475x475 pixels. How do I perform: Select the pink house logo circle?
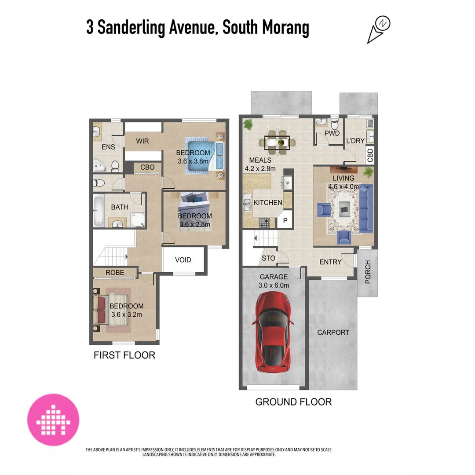click(x=53, y=420)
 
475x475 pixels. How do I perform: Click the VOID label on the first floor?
click(x=183, y=260)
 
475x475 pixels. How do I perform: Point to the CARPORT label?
click(x=333, y=332)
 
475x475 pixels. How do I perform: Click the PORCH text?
click(x=368, y=272)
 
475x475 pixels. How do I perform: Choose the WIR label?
click(x=142, y=141)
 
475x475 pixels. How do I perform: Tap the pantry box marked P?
click(x=285, y=220)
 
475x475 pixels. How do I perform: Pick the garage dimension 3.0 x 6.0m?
click(x=274, y=285)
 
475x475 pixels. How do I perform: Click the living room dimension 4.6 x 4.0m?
click(x=343, y=187)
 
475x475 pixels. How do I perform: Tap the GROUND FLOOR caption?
click(x=293, y=402)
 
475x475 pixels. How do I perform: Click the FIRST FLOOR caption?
click(x=124, y=355)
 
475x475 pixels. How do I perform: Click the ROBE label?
click(x=115, y=273)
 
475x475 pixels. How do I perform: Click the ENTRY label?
click(x=330, y=262)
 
